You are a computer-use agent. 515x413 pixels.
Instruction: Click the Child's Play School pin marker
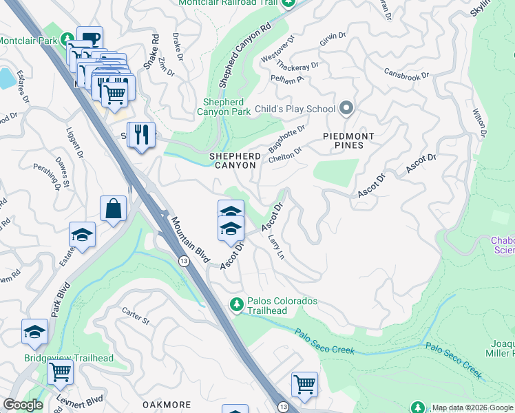click(347, 109)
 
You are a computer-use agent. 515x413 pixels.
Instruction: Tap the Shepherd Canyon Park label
click(224, 106)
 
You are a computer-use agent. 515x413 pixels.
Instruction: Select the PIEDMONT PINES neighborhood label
click(348, 142)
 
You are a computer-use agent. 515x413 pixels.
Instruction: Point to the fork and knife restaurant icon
click(142, 134)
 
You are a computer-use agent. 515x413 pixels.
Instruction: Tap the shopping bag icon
click(113, 209)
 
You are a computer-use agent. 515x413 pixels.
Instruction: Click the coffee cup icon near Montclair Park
click(90, 39)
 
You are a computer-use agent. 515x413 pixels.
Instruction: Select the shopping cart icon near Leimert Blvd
click(61, 372)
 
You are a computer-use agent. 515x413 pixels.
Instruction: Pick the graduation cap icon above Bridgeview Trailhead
click(34, 332)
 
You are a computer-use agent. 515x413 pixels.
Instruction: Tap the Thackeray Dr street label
click(297, 66)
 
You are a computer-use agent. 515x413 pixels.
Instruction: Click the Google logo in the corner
click(23, 405)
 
